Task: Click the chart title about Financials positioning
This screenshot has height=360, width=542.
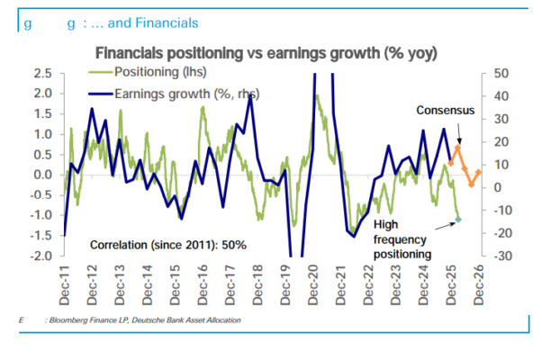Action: (x=266, y=53)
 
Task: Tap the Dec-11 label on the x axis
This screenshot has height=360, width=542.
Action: (x=66, y=282)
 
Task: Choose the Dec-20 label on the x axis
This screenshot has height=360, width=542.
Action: (x=315, y=282)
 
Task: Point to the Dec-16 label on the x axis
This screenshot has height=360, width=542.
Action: (x=204, y=282)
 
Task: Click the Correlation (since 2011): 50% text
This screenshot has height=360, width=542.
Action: (x=168, y=245)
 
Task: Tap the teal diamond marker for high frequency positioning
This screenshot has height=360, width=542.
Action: (x=457, y=220)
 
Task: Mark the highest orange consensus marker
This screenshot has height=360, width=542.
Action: (x=457, y=148)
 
